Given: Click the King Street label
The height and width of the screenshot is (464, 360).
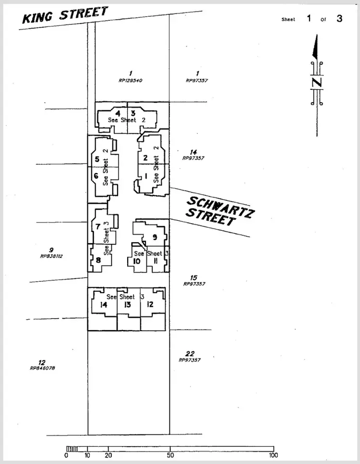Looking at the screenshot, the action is [x=65, y=15].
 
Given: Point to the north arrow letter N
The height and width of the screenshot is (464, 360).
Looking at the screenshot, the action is [x=316, y=82].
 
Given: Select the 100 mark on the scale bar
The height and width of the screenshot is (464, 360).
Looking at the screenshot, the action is [x=274, y=455].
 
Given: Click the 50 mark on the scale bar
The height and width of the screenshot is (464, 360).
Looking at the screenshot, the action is [x=170, y=455].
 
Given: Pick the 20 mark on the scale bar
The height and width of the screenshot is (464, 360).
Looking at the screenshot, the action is [x=108, y=455].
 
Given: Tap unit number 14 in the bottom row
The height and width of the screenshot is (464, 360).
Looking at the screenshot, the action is [x=103, y=305].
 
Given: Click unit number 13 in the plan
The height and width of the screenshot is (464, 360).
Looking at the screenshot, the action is [x=128, y=305].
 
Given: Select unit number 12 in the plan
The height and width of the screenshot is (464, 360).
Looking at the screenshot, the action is [x=150, y=304].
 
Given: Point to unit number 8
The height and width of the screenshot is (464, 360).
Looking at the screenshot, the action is [x=98, y=261].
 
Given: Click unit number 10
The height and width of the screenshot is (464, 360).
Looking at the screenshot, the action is [x=137, y=261].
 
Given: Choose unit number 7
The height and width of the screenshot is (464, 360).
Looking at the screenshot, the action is [x=98, y=226].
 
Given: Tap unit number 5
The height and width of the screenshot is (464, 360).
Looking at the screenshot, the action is [x=97, y=159].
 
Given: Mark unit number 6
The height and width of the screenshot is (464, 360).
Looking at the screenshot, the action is [x=96, y=176].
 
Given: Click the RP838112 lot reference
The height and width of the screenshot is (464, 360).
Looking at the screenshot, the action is [x=51, y=256].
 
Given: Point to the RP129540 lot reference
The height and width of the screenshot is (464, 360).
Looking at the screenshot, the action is [x=131, y=81].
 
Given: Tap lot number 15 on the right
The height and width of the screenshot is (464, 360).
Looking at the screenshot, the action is [x=193, y=278].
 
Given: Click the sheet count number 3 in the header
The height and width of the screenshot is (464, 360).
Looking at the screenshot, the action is [x=339, y=19].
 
